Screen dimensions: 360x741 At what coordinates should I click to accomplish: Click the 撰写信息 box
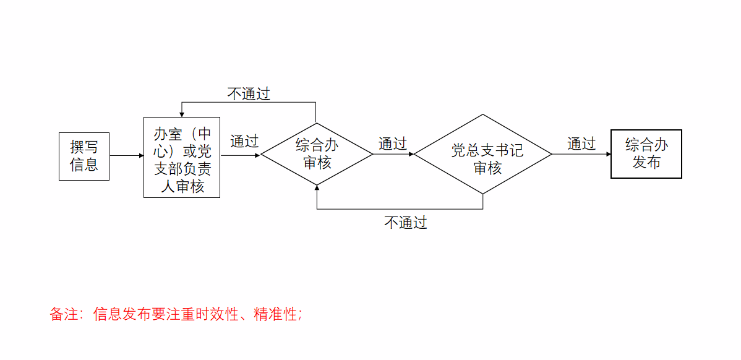tap(84, 156)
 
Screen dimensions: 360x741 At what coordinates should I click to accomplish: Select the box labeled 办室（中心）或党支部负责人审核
tap(182, 157)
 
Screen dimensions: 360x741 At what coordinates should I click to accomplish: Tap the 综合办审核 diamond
tap(317, 154)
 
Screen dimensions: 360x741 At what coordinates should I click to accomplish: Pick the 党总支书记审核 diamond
tap(482, 154)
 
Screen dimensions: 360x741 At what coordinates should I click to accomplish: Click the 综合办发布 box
tap(646, 154)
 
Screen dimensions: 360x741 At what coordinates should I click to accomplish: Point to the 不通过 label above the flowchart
tap(249, 94)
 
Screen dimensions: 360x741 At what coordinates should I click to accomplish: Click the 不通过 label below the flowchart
tap(406, 223)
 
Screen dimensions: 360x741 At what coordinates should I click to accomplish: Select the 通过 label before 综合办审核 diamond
tap(244, 141)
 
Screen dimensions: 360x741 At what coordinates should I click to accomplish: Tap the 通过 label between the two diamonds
tap(393, 144)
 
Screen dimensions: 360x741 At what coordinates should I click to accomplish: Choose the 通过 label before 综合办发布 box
tap(581, 144)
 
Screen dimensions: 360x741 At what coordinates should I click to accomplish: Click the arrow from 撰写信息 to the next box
tap(126, 156)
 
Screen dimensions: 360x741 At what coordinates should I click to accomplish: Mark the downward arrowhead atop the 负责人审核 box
tap(182, 113)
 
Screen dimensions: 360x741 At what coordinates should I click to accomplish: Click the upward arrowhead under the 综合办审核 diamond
tap(317, 188)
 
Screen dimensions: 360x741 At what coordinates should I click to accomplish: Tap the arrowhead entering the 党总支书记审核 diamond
tap(410, 154)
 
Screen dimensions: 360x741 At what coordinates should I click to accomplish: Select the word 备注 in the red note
tap(62, 314)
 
